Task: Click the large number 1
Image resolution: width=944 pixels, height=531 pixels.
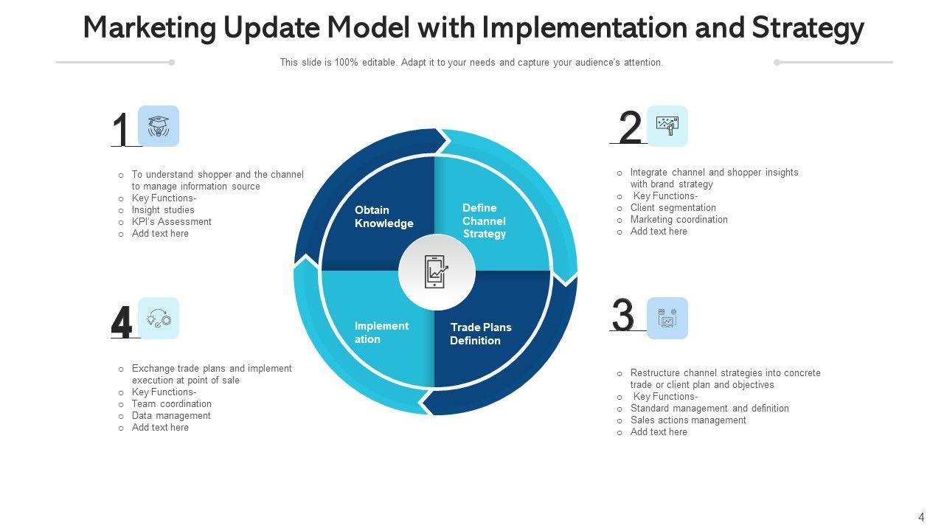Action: [x=121, y=131]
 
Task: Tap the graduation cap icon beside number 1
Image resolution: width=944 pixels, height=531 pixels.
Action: [x=159, y=126]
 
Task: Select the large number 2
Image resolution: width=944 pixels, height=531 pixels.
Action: [x=630, y=128]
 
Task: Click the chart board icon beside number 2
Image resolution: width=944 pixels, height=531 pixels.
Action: [x=667, y=126]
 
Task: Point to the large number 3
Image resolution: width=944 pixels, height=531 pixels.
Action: [x=623, y=316]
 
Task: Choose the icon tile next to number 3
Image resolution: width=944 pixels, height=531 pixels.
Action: [x=667, y=319]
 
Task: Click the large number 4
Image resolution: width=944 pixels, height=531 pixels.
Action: [x=122, y=322]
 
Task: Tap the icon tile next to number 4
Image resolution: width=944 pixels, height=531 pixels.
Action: [x=159, y=319]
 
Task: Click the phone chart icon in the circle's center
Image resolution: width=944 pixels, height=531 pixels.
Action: [x=437, y=272]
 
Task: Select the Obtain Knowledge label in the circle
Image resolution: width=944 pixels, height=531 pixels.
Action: [x=383, y=217]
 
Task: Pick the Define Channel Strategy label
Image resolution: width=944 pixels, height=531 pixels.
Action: [x=484, y=221]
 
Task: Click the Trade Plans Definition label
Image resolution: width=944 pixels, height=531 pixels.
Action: [x=480, y=334]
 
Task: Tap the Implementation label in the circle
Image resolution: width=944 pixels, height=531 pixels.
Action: [x=381, y=333]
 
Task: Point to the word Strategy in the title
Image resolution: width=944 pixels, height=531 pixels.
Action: [x=808, y=29]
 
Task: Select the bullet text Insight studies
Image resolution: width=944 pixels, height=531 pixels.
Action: [x=163, y=210]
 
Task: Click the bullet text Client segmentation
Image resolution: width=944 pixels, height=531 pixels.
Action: [x=673, y=208]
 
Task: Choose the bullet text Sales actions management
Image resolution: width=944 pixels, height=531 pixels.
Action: [x=688, y=420]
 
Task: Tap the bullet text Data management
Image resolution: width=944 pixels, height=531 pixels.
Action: [x=171, y=416]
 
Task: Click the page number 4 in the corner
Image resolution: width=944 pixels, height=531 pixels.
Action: [x=921, y=518]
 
